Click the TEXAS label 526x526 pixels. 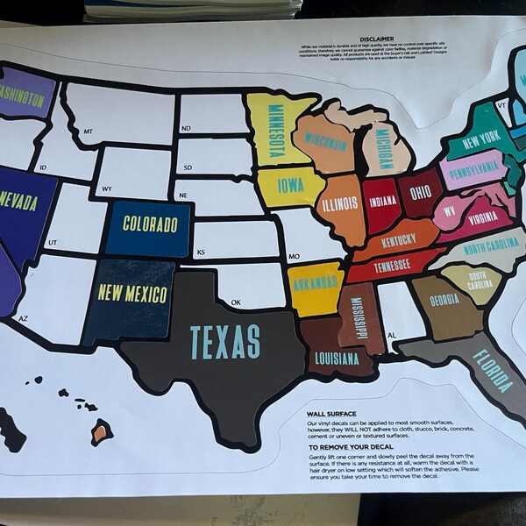tap(225, 341)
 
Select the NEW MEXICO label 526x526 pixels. tap(134, 293)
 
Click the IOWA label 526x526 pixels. tap(291, 185)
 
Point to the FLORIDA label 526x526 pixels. tap(494, 370)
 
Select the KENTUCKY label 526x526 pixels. tap(399, 238)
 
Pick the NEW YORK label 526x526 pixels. tap(480, 139)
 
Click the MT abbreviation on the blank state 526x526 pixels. tap(88, 131)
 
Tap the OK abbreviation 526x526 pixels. tap(235, 302)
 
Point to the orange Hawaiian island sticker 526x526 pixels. tap(102, 431)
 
